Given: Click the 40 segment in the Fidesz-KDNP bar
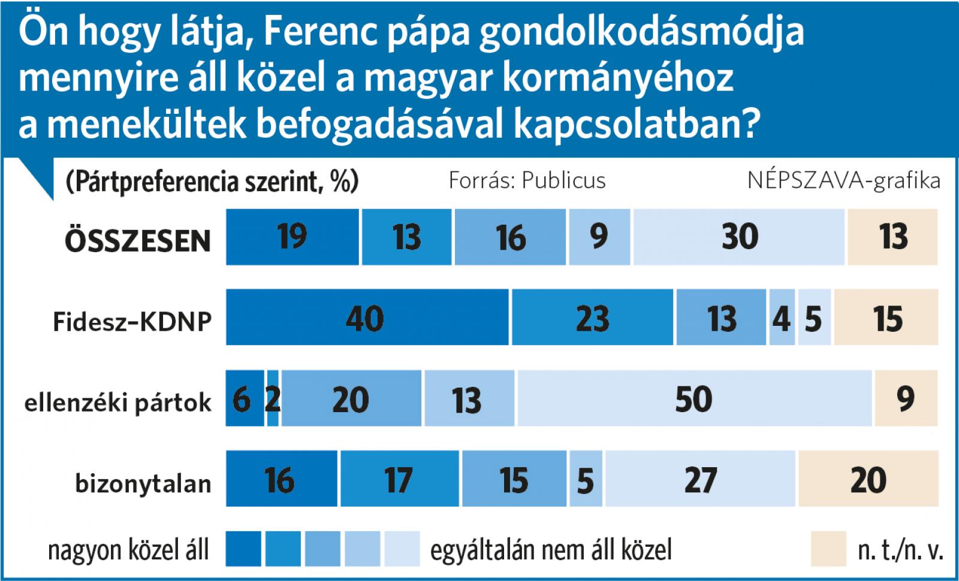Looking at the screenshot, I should pos(367,317).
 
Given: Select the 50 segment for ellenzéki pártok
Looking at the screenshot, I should pos(694,398).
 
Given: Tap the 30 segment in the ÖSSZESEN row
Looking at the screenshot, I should pos(738,237).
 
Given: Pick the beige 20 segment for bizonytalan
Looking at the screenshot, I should pos(867,480).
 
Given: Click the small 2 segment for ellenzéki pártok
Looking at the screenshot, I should pos(273,398).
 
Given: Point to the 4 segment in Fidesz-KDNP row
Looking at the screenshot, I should pos(781,317).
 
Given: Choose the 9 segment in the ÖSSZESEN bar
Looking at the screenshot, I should pos(599,237).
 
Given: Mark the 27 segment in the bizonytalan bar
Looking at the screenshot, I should pos(700,480).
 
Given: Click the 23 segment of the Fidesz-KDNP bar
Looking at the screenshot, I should pos(592,317).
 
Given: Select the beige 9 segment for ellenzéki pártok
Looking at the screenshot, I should pos(905,398).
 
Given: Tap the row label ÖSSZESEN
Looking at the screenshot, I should pos(138,240).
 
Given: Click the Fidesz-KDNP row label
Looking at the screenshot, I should pos(132,322).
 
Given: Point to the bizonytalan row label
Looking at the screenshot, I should pos(143,483).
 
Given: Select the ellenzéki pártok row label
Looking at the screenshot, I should pos(118,403).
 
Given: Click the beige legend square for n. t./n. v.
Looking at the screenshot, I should pos(828,549).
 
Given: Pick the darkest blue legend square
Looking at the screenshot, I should pos(243,549).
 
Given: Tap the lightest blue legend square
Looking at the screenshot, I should pos(402,549).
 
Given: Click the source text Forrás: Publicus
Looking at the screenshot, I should pos(527,180).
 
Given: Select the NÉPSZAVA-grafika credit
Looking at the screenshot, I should pos(843,180).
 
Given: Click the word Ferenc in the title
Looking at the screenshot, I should pos(321,33).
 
